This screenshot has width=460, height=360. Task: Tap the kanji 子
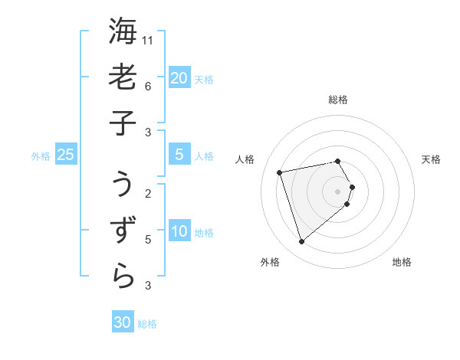pyautogui.click(x=123, y=122)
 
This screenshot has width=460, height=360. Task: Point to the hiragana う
pyautogui.click(x=123, y=185)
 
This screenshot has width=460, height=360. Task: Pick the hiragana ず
pyautogui.click(x=123, y=230)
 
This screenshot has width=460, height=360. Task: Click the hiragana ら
pyautogui.click(x=123, y=276)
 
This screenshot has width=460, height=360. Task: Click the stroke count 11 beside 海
pyautogui.click(x=149, y=39)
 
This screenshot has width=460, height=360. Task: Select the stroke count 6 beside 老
pyautogui.click(x=147, y=86)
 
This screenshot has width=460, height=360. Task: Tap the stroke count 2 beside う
pyautogui.click(x=147, y=193)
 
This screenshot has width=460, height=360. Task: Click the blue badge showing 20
pyautogui.click(x=179, y=77)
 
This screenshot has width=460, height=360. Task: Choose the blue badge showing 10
pyautogui.click(x=179, y=231)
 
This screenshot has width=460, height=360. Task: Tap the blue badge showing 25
pyautogui.click(x=65, y=155)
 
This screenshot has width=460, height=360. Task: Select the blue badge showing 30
pyautogui.click(x=122, y=322)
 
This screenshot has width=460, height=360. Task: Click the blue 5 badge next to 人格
pyautogui.click(x=179, y=155)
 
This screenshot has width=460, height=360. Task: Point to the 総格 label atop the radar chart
pyautogui.click(x=338, y=100)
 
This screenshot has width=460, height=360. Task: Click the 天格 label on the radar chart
pyautogui.click(x=432, y=159)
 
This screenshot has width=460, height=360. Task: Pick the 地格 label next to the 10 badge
pyautogui.click(x=204, y=233)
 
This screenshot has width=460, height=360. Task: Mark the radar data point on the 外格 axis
pyautogui.click(x=301, y=241)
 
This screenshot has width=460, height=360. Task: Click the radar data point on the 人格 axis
pyautogui.click(x=280, y=172)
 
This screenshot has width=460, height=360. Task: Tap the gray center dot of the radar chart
pyautogui.click(x=338, y=191)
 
